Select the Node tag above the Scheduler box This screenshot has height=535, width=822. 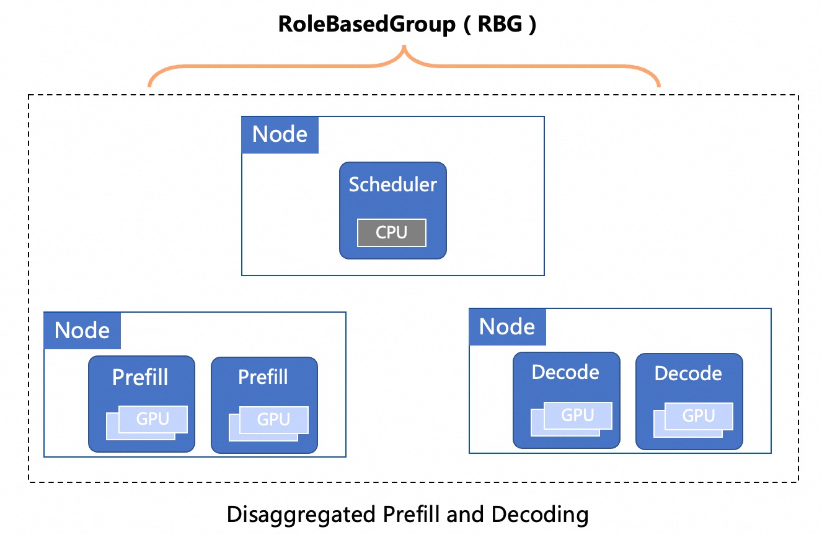pyautogui.click(x=280, y=134)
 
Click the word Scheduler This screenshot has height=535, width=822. pyautogui.click(x=392, y=184)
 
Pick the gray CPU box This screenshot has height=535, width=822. pyautogui.click(x=392, y=232)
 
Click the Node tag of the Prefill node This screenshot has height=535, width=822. pyautogui.click(x=82, y=331)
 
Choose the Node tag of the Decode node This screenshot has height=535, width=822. pyautogui.click(x=507, y=327)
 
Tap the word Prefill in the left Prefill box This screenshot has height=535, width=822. pyautogui.click(x=141, y=377)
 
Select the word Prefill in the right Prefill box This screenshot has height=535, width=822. pyautogui.click(x=263, y=377)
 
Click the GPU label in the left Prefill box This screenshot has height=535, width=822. pyautogui.click(x=152, y=419)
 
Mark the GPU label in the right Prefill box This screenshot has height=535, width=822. pyautogui.click(x=273, y=419)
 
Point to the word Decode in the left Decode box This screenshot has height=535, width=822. pyautogui.click(x=565, y=372)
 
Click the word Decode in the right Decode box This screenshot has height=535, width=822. pyautogui.click(x=688, y=373)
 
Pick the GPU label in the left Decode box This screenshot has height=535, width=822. pyautogui.click(x=578, y=415)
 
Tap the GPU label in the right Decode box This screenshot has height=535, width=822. pyautogui.click(x=699, y=416)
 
